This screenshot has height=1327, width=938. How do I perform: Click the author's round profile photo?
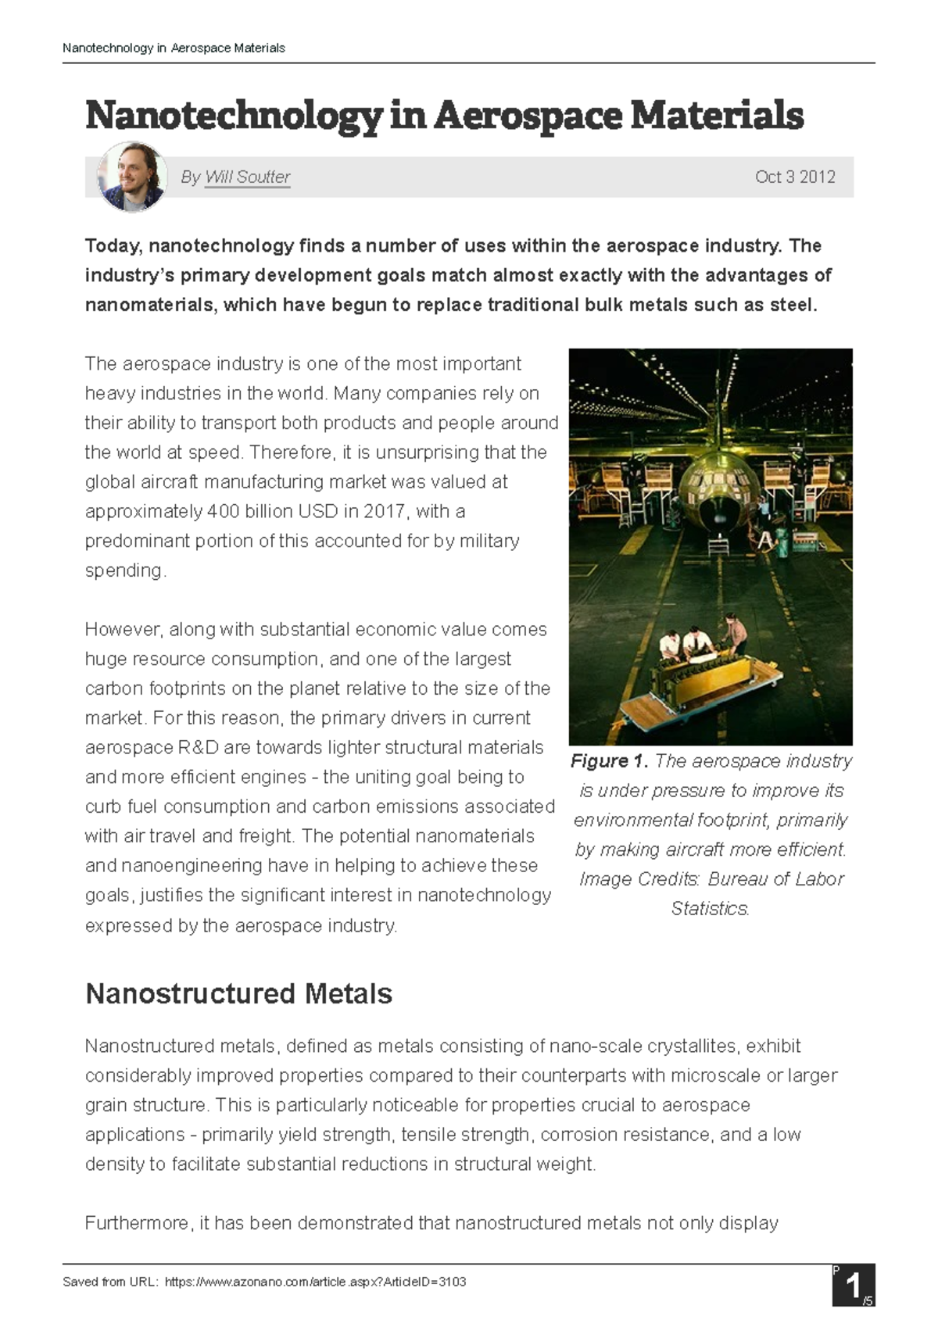[x=131, y=177]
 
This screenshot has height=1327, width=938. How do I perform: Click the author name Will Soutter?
[x=247, y=177]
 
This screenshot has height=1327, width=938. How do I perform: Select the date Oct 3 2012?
[x=794, y=177]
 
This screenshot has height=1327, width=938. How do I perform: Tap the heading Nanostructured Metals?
[x=238, y=994]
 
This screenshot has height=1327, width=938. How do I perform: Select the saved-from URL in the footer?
[x=315, y=1282]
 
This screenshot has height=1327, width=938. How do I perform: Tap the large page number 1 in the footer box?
[x=853, y=1286]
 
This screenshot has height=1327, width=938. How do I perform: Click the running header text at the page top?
[x=174, y=48]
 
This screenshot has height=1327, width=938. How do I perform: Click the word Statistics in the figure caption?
[x=710, y=909]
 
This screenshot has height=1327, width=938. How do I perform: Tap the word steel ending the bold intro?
[x=793, y=305]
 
